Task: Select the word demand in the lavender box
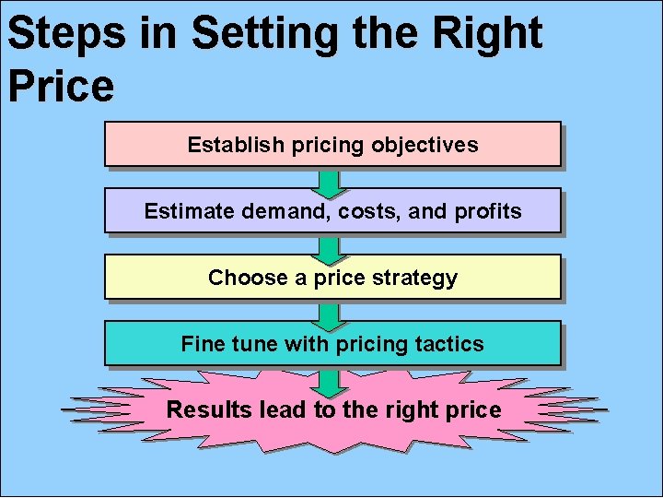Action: tap(286, 211)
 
